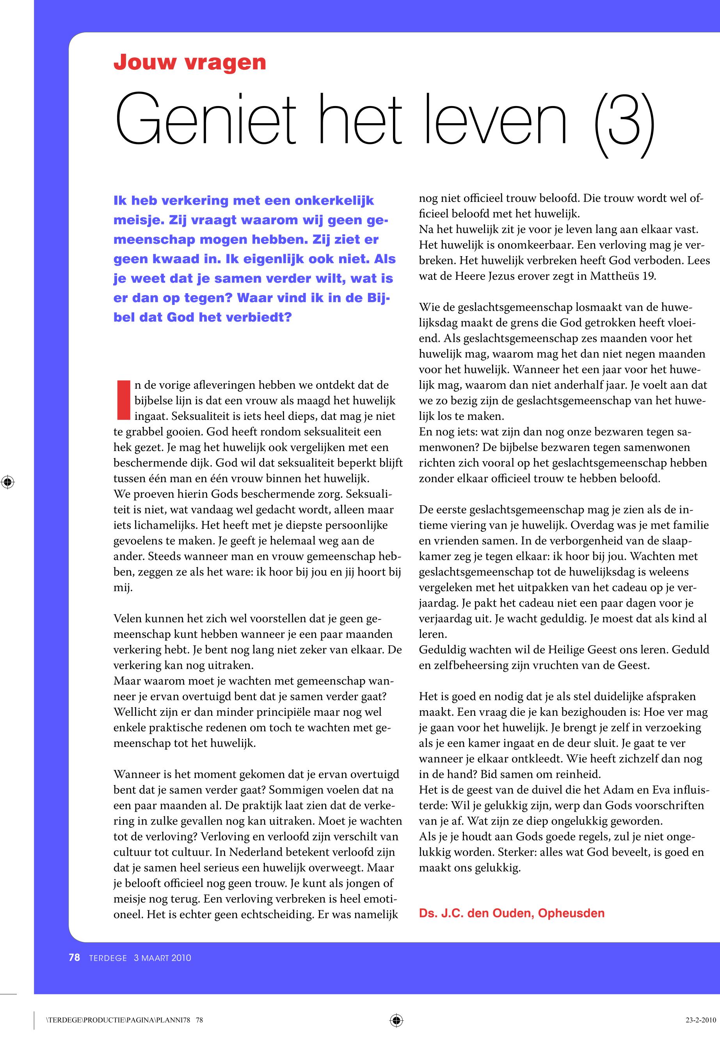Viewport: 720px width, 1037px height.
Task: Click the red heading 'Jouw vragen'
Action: pos(190,62)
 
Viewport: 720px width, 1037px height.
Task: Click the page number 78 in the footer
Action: pos(75,958)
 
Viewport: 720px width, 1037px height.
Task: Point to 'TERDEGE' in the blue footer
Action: pos(108,958)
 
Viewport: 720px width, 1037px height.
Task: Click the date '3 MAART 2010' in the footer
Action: pos(162,958)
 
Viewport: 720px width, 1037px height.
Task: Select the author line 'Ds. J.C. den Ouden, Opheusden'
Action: pos(512,913)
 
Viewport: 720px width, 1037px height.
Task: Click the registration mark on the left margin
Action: pos(8,482)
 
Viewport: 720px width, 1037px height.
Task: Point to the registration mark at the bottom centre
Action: pos(396,1020)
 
